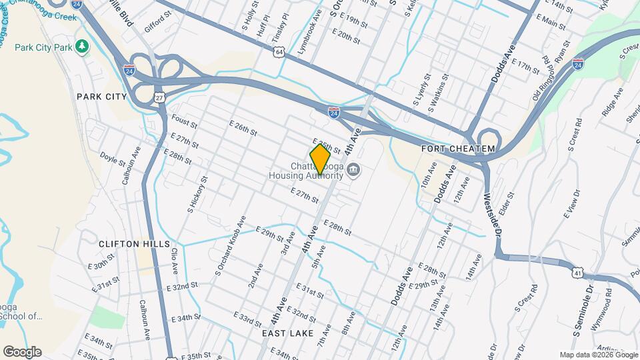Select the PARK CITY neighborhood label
pyautogui.click(x=101, y=97)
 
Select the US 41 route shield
pyautogui.click(x=577, y=271)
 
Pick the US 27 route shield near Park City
pyautogui.click(x=159, y=97)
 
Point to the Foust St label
pyautogui.click(x=185, y=121)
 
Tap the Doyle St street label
pyautogui.click(x=113, y=160)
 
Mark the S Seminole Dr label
pyautogui.click(x=582, y=310)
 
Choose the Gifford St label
pyautogui.click(x=157, y=25)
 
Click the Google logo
pyautogui.click(x=22, y=351)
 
